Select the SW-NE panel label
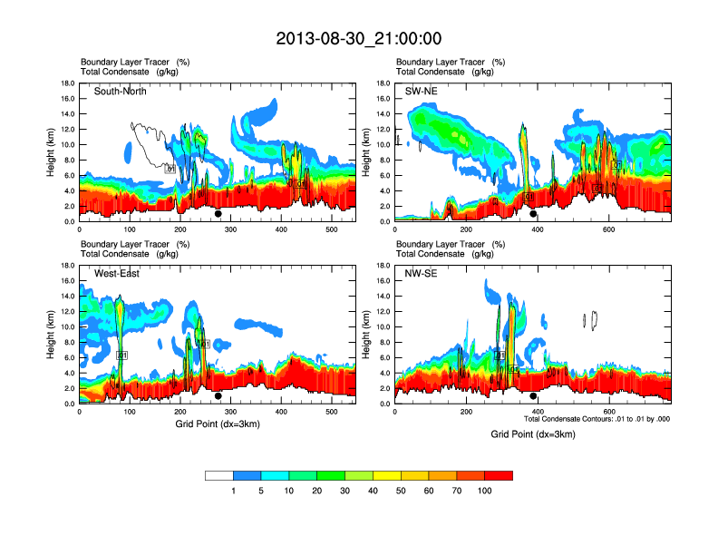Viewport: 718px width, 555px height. [423, 91]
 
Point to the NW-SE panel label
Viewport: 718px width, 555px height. [423, 273]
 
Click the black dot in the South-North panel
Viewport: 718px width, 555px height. [218, 214]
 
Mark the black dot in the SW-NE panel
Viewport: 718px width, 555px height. [533, 214]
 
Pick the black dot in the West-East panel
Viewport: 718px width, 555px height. [218, 396]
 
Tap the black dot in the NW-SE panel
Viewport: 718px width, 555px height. [533, 396]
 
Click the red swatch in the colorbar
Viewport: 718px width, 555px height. [499, 475]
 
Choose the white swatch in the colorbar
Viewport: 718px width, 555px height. [219, 475]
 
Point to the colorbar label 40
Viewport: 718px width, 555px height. [374, 491]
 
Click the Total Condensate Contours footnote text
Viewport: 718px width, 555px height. [597, 420]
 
